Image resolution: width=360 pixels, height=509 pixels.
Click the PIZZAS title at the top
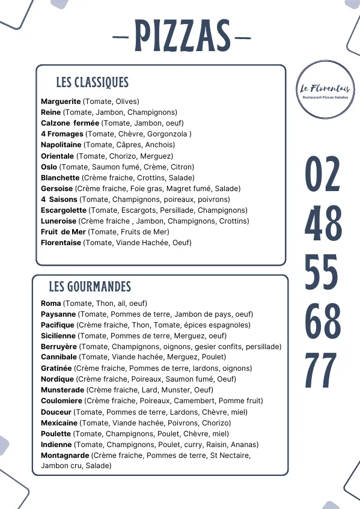[182, 36]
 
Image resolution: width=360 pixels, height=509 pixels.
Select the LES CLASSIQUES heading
[92, 82]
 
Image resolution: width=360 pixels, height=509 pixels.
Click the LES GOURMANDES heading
[90, 287]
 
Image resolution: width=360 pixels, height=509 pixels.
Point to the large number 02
[323, 174]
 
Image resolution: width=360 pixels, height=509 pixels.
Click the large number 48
[323, 223]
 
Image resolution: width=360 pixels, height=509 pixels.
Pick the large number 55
[323, 272]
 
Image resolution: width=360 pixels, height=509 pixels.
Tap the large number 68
[323, 321]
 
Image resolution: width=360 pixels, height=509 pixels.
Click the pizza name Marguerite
[61, 102]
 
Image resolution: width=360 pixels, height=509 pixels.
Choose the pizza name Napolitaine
[61, 145]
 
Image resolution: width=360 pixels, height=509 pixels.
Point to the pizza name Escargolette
[64, 210]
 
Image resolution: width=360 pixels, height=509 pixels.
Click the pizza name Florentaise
[61, 243]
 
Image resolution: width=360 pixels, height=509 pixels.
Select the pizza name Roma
[50, 303]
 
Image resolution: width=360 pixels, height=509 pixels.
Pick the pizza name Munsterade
[62, 390]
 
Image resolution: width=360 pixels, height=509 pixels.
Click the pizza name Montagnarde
[65, 456]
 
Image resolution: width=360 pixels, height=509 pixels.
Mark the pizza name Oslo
[49, 167]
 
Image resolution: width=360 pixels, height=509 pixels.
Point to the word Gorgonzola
[168, 134]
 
